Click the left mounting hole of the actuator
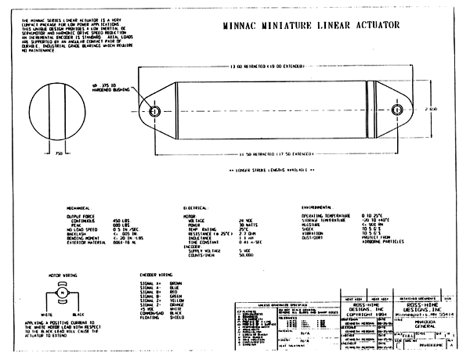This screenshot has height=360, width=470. (154, 110)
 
